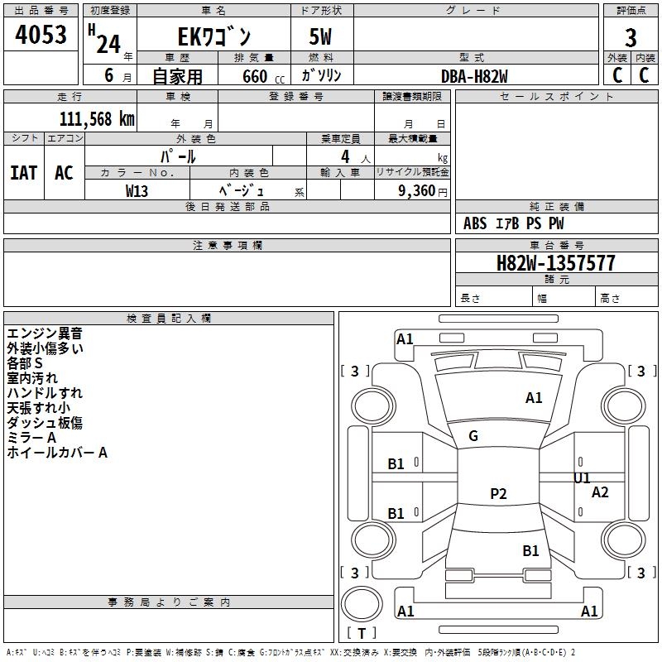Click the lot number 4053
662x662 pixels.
[41, 34]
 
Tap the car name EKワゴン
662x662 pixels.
[214, 36]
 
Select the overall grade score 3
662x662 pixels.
[631, 38]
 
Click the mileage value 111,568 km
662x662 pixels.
[97, 119]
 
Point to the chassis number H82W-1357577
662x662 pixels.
[555, 263]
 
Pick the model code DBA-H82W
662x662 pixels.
[474, 76]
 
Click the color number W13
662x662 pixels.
[137, 191]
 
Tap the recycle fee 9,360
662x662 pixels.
[417, 191]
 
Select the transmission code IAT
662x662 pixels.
[24, 173]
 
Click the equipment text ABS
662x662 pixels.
[475, 223]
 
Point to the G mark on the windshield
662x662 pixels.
[473, 436]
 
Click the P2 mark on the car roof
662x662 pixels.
[498, 493]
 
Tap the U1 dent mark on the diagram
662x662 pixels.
[582, 478]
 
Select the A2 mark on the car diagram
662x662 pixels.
[600, 492]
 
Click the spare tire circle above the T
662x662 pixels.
[362, 603]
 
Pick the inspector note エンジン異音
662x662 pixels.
[45, 333]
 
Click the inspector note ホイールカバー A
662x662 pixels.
[57, 453]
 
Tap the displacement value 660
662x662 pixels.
[255, 77]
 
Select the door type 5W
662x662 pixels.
[320, 36]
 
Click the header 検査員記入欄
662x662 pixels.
[169, 319]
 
